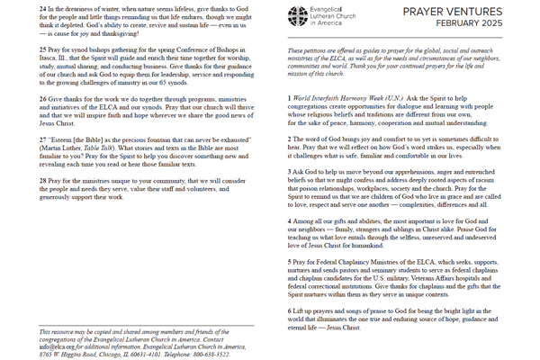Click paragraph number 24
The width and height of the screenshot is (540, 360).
point(37,9)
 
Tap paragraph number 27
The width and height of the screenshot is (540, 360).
point(37,165)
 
